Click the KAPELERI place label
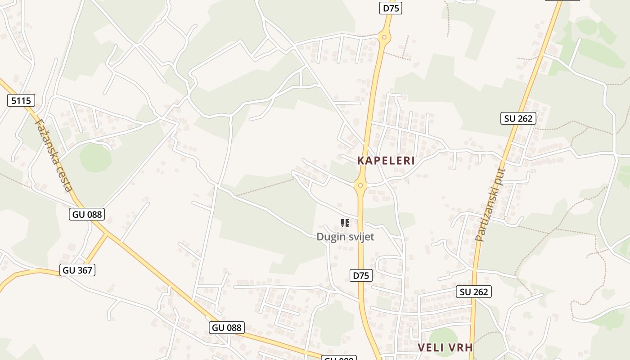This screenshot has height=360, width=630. [386, 161]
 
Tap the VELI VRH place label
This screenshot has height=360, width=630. [445, 347]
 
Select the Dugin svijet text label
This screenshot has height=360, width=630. [345, 237]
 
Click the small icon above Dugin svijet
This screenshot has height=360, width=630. [345, 223]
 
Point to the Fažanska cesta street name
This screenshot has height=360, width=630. [53, 155]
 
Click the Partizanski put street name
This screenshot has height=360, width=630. [490, 205]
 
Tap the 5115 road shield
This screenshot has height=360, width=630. [21, 100]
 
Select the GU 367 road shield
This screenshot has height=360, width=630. [77, 270]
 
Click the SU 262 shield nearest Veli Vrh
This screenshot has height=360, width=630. [473, 292]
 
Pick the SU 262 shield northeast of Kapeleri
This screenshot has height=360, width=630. [518, 118]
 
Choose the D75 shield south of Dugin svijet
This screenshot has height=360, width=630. [361, 275]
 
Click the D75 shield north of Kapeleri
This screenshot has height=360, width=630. [390, 8]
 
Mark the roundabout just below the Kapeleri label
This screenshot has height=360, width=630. [360, 185]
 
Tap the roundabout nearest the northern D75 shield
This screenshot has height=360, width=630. [384, 37]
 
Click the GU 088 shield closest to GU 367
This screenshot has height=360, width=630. [87, 214]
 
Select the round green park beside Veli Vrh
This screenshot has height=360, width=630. [443, 337]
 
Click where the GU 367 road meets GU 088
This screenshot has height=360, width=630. [107, 234]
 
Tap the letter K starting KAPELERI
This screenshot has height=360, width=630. [360, 161]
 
